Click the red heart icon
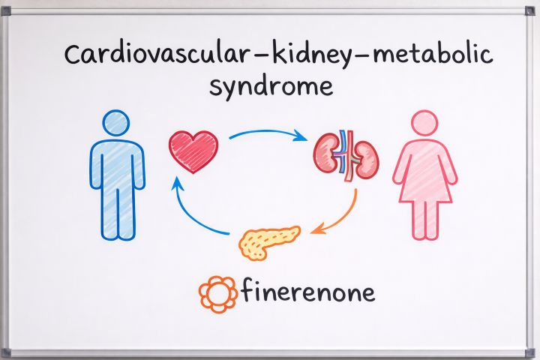193,150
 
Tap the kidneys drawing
346,154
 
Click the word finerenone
307,291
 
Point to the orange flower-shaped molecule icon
217,292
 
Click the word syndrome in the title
271,86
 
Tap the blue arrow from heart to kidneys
266,133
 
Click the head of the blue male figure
117,124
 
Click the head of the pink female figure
424,124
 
